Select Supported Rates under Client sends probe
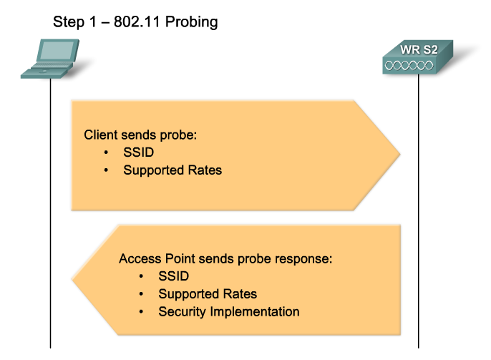coord(172,170)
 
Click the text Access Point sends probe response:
coord(226,258)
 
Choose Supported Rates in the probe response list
coord(208,294)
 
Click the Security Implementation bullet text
coord(228,312)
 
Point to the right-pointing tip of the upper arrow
coord(397,153)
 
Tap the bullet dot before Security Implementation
coord(142,312)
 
